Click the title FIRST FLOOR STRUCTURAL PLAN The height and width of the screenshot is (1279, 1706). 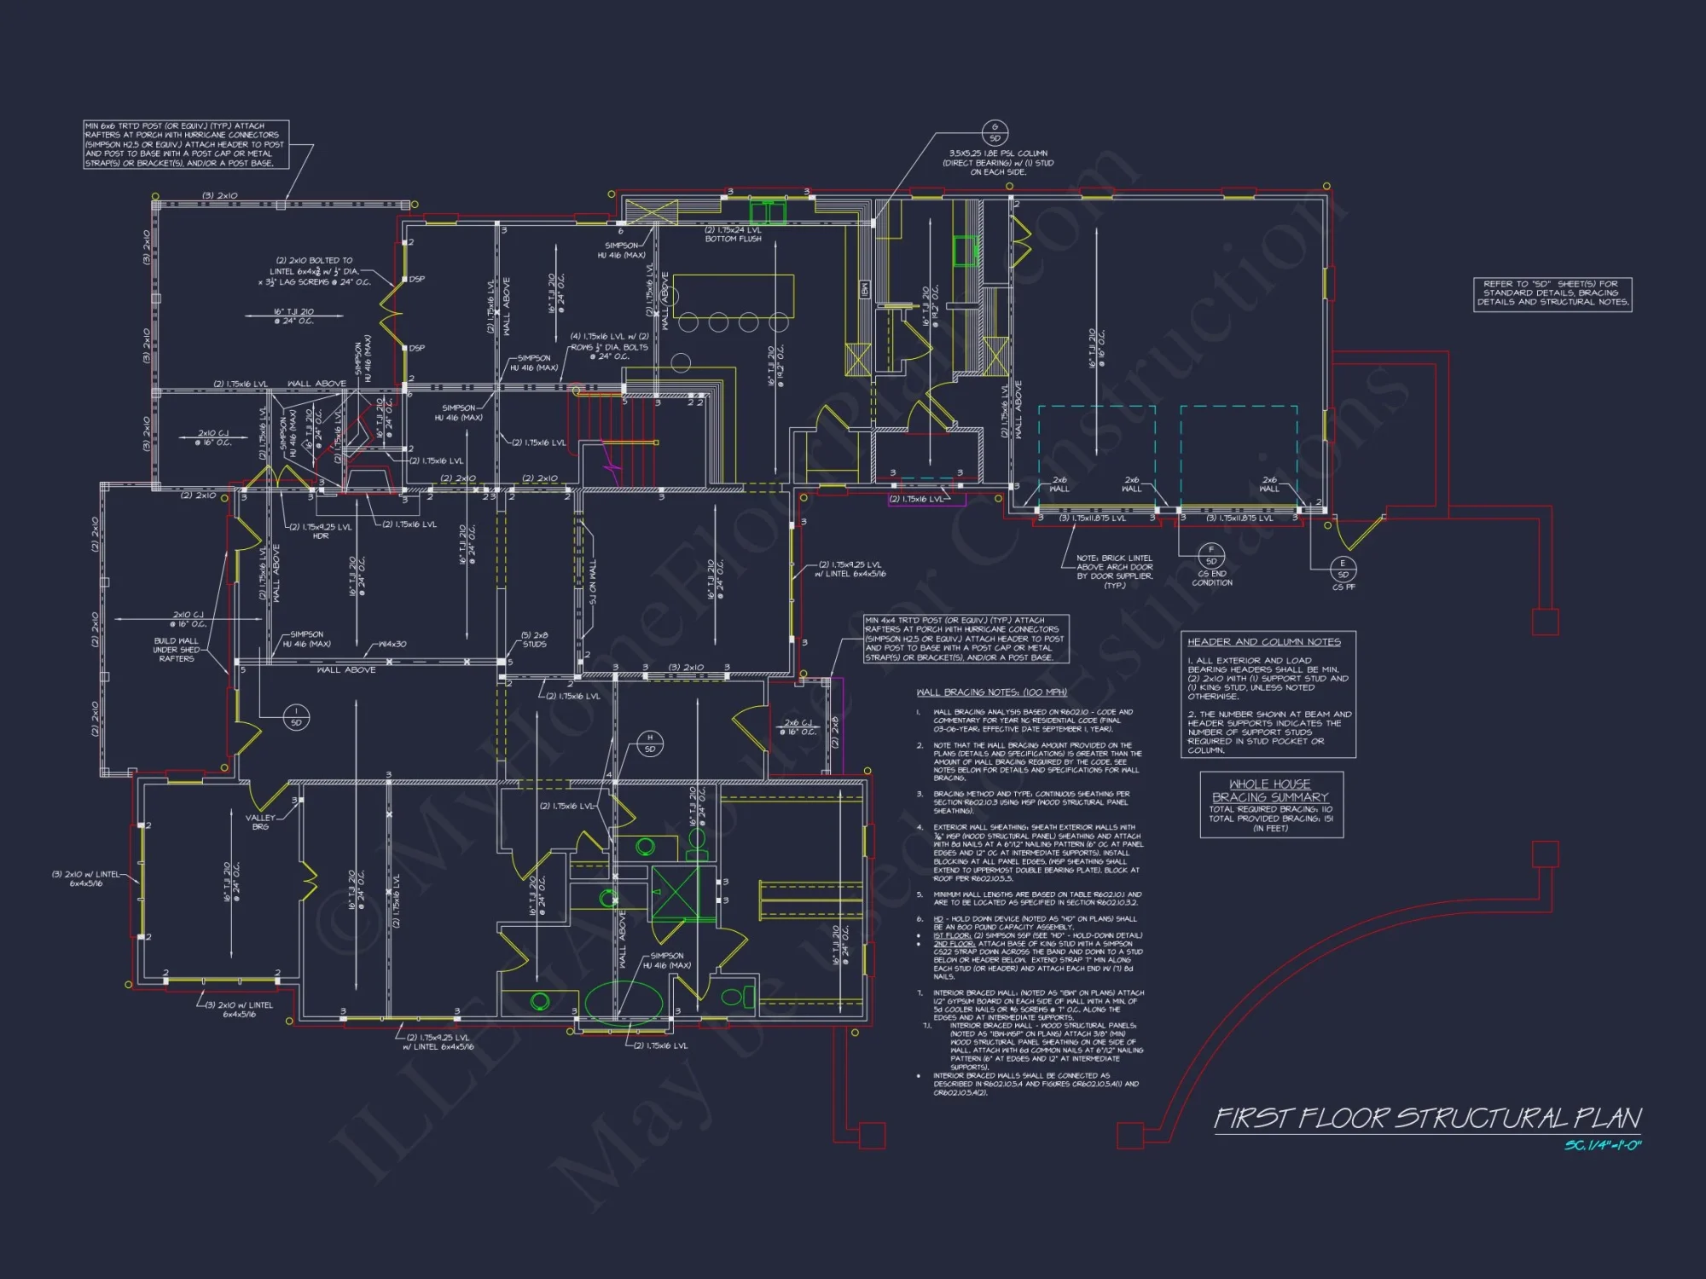point(1427,1119)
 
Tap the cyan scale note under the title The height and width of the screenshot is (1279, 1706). point(1602,1145)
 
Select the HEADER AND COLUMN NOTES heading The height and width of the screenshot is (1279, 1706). point(1263,642)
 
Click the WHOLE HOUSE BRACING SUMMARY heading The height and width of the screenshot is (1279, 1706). point(1270,790)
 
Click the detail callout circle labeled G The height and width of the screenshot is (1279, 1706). point(995,133)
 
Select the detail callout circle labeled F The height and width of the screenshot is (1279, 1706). point(1211,556)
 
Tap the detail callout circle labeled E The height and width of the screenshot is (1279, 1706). point(1343,569)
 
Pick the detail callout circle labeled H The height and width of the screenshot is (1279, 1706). point(650,744)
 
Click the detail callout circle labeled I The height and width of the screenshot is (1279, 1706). point(296,717)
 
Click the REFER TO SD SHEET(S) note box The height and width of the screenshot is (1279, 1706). point(1552,293)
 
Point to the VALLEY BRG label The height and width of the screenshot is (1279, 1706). point(261,822)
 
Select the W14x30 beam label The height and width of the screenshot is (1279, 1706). point(392,644)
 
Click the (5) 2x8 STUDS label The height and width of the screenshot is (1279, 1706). point(535,639)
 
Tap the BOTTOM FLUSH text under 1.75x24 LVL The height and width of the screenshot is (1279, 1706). point(733,240)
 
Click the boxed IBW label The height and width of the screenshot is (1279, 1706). point(864,290)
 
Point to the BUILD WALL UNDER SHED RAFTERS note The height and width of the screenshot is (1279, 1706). point(176,650)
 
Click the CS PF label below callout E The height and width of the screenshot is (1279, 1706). point(1343,587)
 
